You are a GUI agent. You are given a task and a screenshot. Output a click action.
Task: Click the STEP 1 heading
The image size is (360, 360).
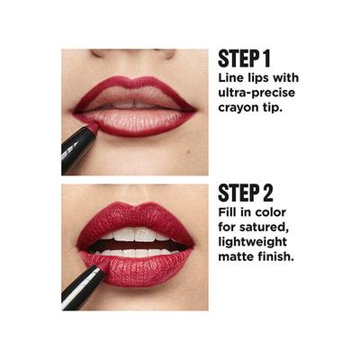coord(244,58)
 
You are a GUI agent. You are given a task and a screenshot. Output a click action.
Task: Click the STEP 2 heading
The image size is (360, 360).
coord(246,193)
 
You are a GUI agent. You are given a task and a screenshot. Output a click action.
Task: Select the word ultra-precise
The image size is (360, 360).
coord(255,93)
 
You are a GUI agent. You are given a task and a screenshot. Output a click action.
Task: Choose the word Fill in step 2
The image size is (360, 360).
coord(229,212)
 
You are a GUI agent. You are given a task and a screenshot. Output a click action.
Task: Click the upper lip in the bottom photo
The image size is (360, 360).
coord(135,218)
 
